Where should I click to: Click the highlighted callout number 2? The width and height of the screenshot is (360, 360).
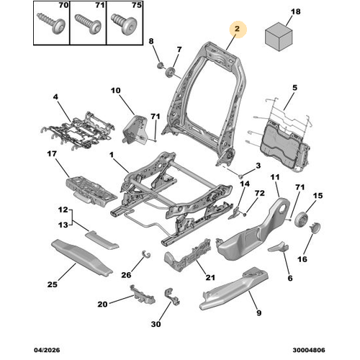coord(237,29)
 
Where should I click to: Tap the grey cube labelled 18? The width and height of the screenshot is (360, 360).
coord(279,37)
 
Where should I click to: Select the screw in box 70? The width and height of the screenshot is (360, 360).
coord(51,24)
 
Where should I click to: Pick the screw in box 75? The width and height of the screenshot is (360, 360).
coord(124,24)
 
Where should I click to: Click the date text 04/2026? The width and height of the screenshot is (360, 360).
coord(47,350)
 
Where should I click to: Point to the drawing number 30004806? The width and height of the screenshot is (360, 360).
coord(309,350)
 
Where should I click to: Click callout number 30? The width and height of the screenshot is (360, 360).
coord(156,324)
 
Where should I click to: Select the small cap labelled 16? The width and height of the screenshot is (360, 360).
coord(315,228)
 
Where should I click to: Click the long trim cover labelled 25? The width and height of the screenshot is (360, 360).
coord(81,258)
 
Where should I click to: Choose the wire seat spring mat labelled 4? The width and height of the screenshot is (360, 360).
coord(77,130)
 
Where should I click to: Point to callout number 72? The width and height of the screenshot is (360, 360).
coord(260,193)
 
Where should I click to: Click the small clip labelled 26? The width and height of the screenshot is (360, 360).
coord(146,254)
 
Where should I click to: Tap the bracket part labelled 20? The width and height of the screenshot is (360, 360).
coord(143,294)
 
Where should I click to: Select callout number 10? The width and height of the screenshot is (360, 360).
coord(115,91)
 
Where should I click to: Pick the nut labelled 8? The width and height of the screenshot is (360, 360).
coord(160,65)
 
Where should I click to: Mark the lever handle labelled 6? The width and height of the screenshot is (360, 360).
coord(279,247)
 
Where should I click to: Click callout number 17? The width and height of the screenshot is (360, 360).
coord(52,153)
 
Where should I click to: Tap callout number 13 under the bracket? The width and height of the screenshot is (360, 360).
coord(63,225)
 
